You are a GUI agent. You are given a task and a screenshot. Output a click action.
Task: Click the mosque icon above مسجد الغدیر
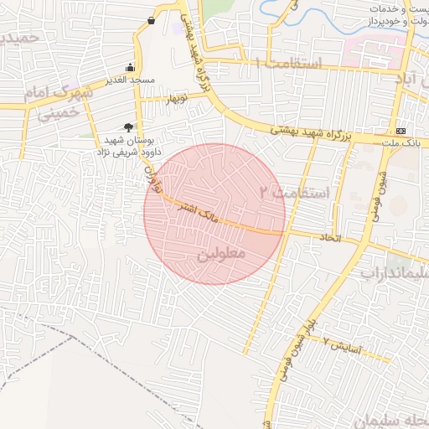(130, 67)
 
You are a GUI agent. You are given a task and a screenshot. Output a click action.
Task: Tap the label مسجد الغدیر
(131, 80)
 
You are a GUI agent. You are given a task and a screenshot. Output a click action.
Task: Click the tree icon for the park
(128, 126)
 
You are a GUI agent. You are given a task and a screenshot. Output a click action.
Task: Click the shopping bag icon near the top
(151, 20)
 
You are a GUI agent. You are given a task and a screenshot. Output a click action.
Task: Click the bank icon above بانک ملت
(401, 131)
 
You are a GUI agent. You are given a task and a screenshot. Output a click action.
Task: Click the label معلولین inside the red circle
(221, 251)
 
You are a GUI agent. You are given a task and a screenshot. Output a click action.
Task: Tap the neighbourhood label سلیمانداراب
(395, 273)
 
